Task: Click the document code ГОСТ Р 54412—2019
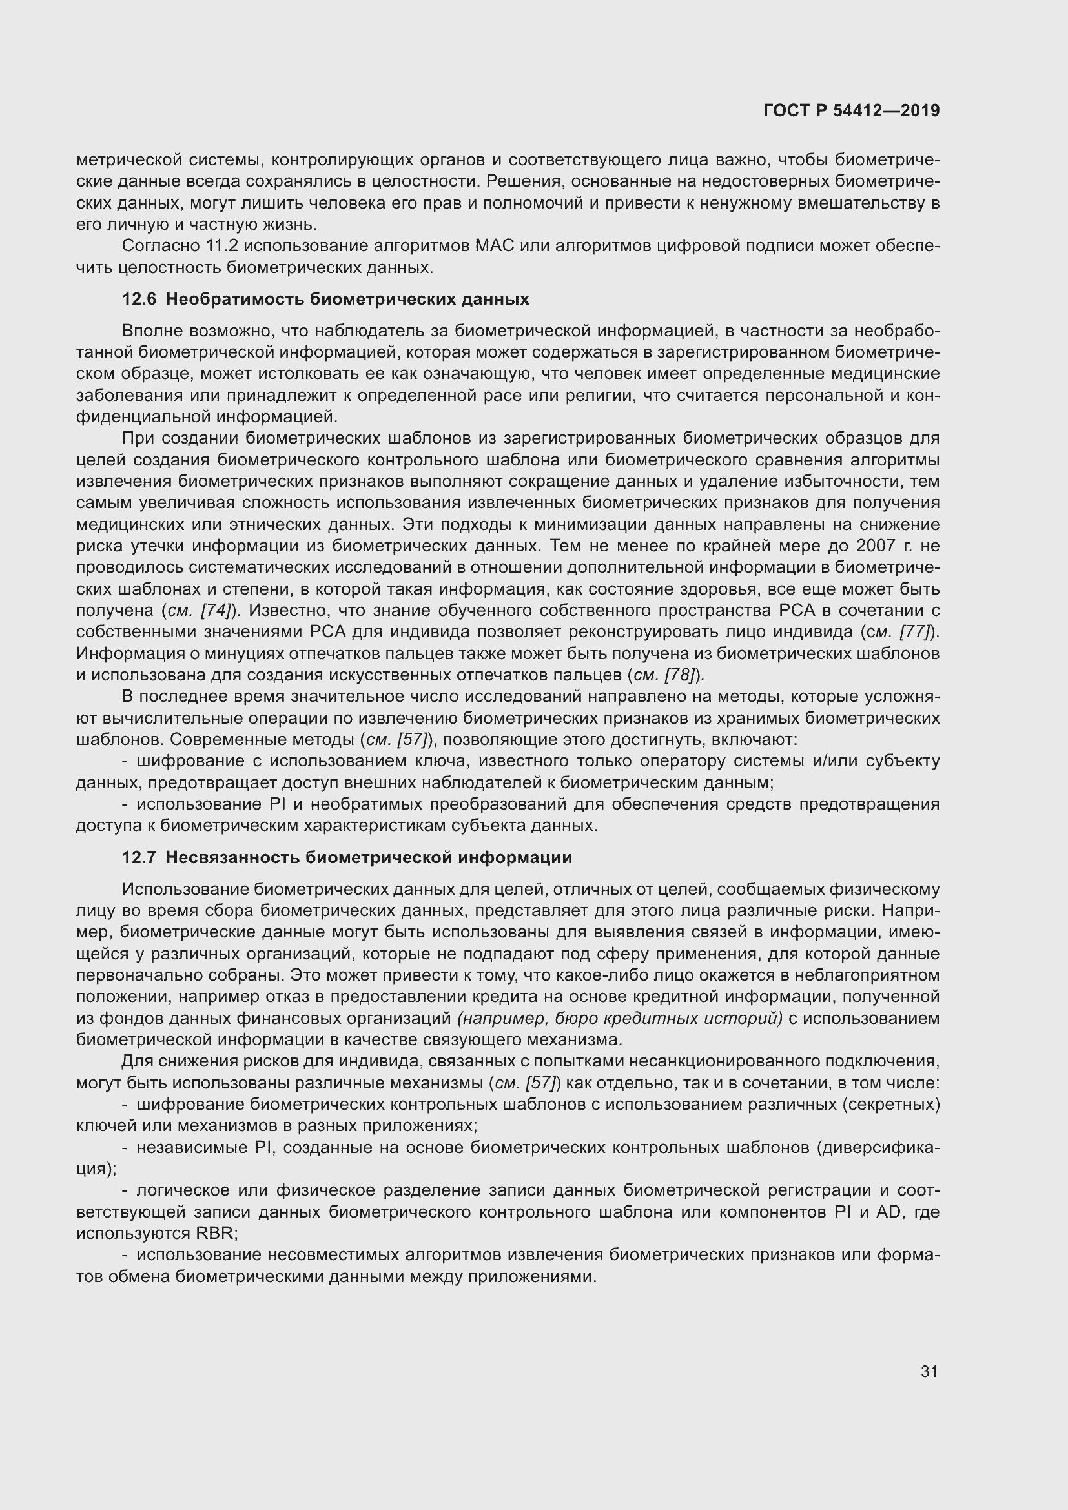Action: pos(851,110)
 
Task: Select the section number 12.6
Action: pos(139,300)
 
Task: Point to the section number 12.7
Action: pos(139,857)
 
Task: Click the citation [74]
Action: pos(215,610)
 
